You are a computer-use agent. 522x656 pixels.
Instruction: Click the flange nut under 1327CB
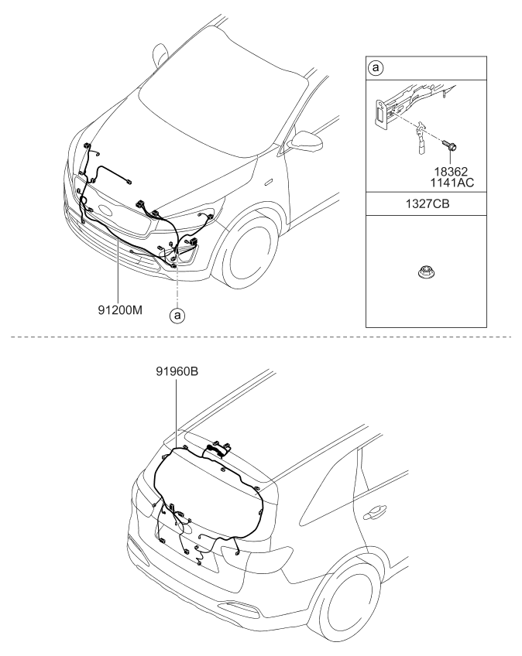(424, 273)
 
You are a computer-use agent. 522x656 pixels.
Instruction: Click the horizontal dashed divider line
(261, 337)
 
